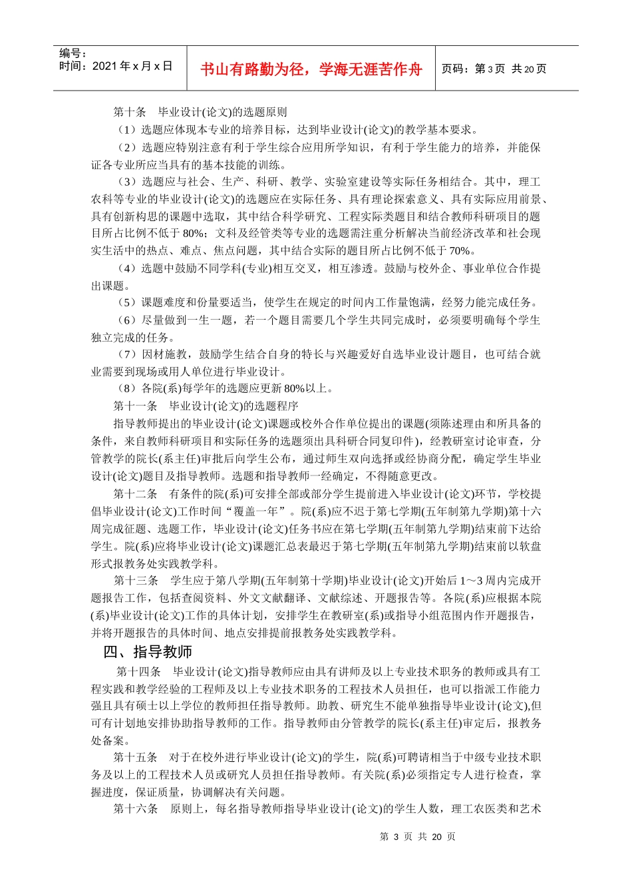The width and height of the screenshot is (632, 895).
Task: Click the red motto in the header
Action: coord(311,69)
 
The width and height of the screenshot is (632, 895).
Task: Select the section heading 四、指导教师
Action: coord(148,652)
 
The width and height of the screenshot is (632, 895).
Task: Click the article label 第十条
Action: coord(130,112)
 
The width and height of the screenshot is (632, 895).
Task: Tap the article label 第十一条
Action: coord(135,406)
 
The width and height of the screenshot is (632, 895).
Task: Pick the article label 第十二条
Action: coord(135,493)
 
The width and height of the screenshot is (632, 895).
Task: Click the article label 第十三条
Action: coord(136,581)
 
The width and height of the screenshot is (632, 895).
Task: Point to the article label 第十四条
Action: coord(138,671)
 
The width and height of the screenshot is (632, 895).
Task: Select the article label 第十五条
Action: coord(135,757)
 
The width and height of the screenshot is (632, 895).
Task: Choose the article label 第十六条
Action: coord(136,809)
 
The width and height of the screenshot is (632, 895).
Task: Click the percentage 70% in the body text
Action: coord(460,250)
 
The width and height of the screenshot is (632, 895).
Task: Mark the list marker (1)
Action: coord(127,129)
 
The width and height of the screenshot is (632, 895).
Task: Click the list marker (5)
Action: coord(127,302)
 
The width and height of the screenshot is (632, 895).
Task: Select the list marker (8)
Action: coord(127,388)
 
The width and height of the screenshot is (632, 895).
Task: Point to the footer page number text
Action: coord(417,836)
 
